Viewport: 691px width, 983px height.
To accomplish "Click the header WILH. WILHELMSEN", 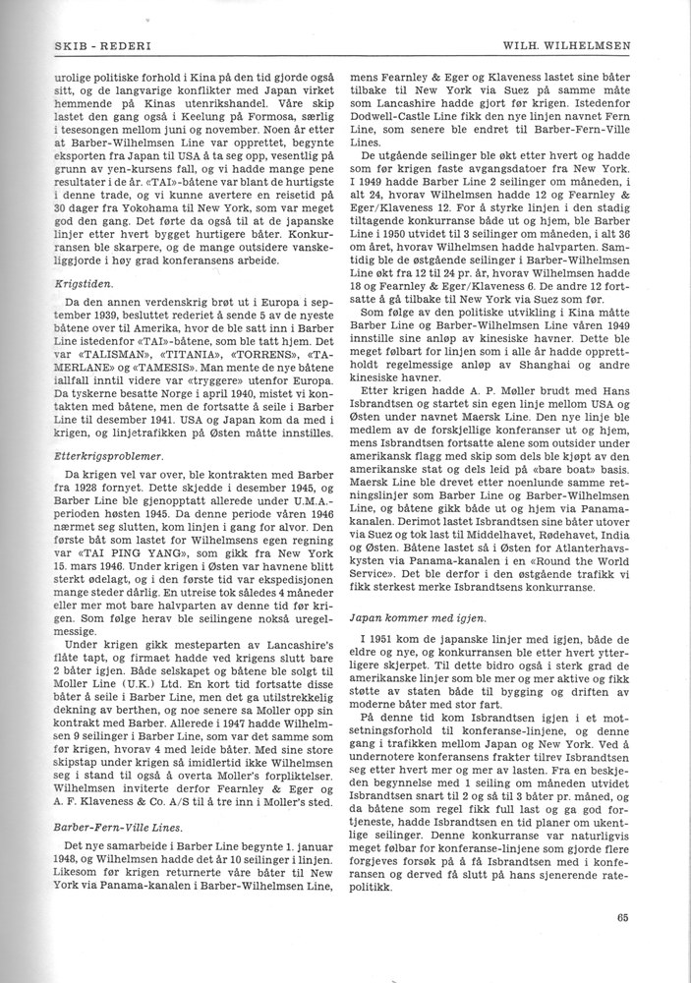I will click(x=595, y=45).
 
